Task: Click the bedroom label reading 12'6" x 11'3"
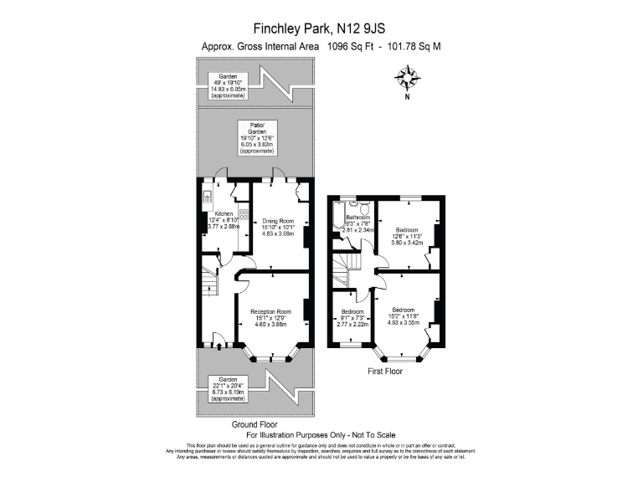pos(408,235)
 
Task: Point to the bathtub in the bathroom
pos(337,216)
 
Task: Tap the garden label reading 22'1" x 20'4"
pos(229,388)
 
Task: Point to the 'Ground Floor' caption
pos(255,424)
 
